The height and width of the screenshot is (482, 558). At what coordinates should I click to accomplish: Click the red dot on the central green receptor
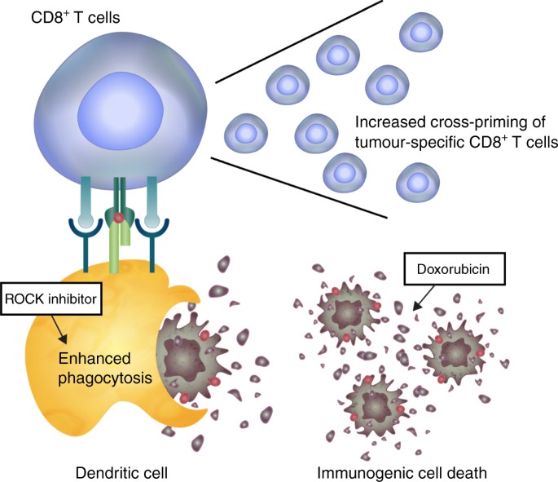coord(119,218)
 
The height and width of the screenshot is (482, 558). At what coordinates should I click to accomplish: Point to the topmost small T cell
coord(421,33)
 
